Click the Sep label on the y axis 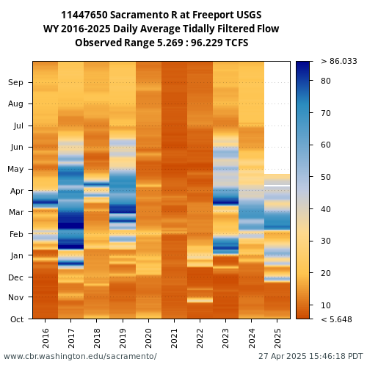15,82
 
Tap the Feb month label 16,234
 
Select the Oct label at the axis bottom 17,319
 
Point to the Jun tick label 17,148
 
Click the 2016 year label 46,338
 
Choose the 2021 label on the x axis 174,338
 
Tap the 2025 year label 277,338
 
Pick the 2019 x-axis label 123,338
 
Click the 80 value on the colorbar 326,81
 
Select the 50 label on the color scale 326,177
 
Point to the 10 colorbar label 326,305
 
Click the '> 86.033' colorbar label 339,61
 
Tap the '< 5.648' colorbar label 336,319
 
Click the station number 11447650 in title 84,15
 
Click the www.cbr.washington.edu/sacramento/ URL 80,356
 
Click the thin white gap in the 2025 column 277,186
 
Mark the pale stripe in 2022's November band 200,300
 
